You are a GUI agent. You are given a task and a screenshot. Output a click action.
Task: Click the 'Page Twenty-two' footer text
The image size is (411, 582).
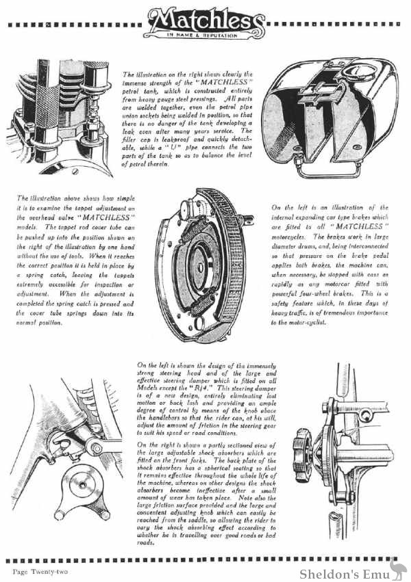(39, 569)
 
